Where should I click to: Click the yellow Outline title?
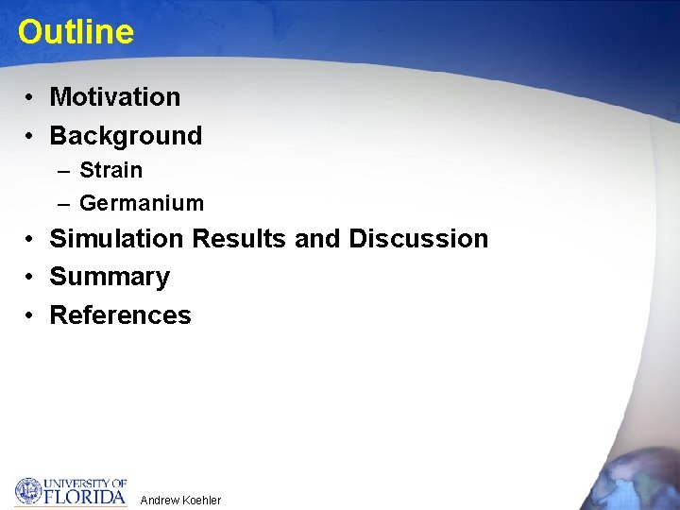click(x=76, y=32)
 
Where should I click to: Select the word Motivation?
click(x=114, y=97)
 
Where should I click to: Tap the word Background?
click(x=126, y=136)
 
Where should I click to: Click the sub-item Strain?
click(x=110, y=171)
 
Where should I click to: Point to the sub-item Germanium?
click(x=141, y=203)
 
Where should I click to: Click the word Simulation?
click(x=116, y=239)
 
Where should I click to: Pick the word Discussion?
click(x=418, y=239)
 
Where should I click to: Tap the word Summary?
click(x=109, y=278)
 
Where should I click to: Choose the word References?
click(x=120, y=315)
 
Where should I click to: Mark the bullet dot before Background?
click(x=31, y=137)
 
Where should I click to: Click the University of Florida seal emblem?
click(x=28, y=491)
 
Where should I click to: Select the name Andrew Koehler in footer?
click(x=180, y=500)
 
